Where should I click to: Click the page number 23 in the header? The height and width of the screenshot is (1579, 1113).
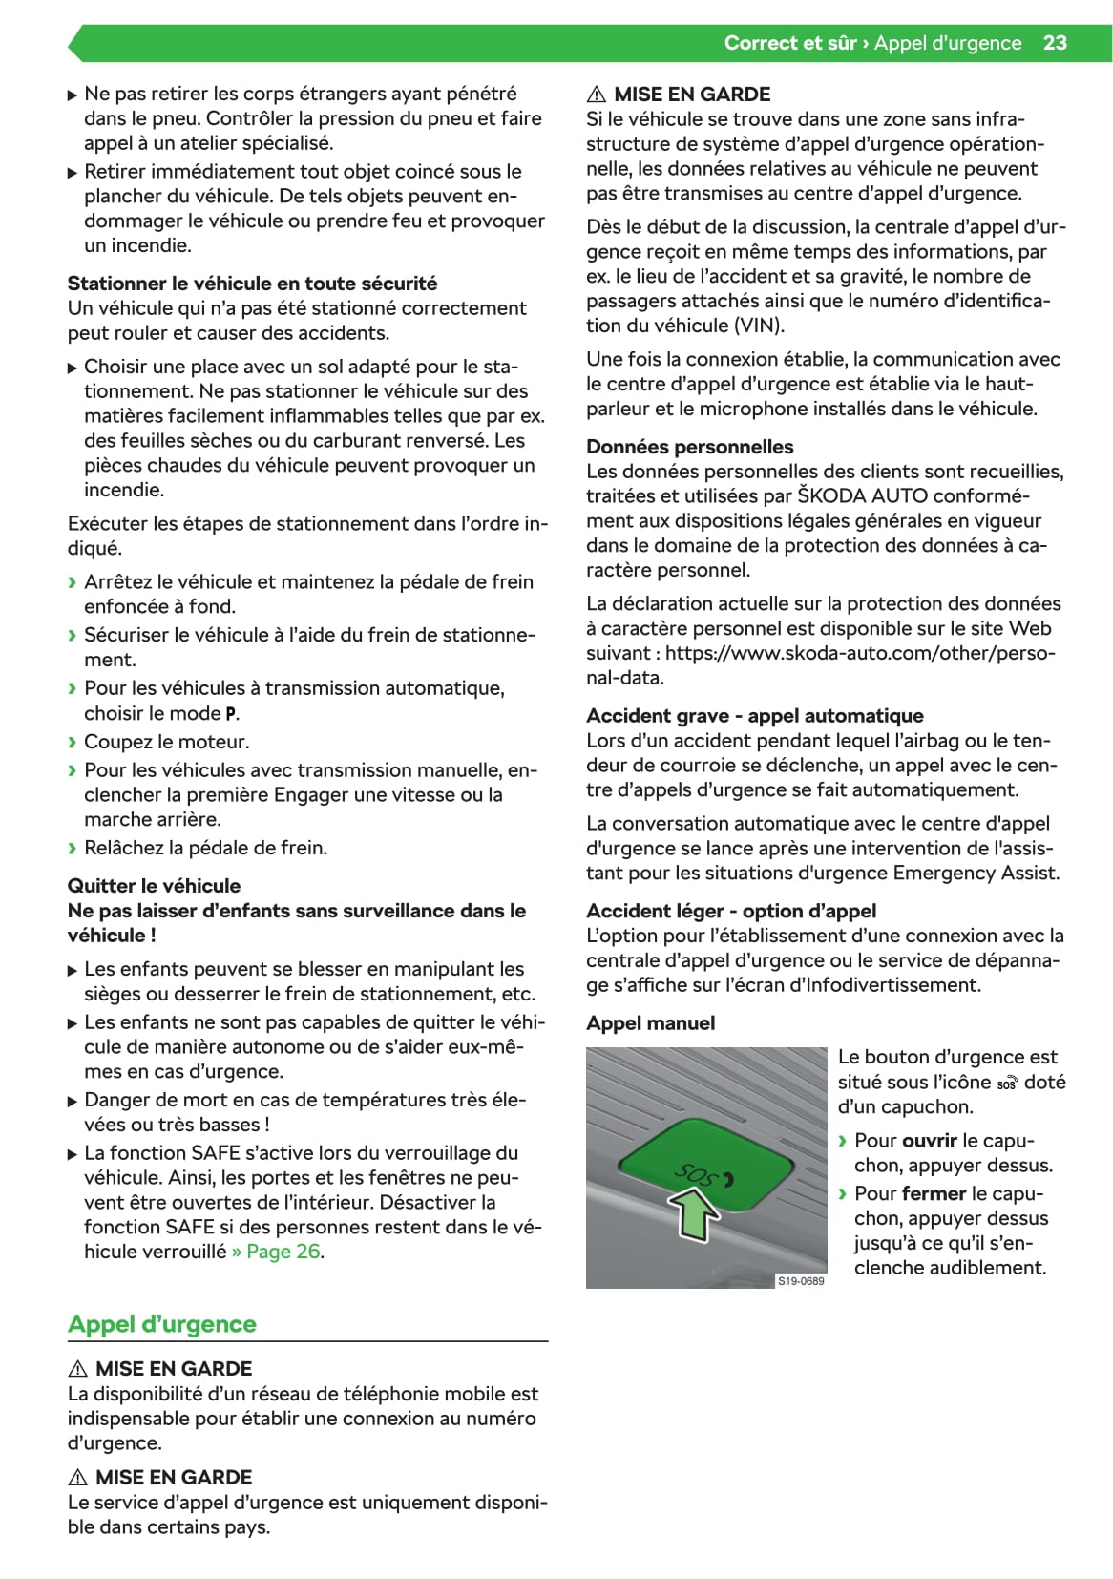click(1055, 43)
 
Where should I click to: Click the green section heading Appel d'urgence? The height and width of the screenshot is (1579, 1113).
click(162, 1324)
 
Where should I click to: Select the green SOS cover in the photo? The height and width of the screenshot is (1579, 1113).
click(706, 1166)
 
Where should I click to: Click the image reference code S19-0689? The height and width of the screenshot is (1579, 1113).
click(801, 1281)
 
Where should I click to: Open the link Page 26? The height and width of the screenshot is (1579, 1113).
click(283, 1252)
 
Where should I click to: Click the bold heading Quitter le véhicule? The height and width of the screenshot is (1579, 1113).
click(154, 886)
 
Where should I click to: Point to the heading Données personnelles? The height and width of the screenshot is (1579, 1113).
click(689, 447)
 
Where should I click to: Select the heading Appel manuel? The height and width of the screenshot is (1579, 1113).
click(650, 1023)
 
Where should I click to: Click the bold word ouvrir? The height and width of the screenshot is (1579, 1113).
click(930, 1141)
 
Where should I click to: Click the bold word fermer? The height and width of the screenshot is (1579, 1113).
click(934, 1194)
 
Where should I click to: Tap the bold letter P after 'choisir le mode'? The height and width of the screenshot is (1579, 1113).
click(231, 714)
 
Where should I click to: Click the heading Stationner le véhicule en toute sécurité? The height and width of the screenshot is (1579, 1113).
click(252, 284)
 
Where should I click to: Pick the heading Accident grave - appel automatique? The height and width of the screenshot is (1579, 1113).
click(754, 716)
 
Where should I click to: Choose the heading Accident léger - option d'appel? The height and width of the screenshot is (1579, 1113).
click(730, 911)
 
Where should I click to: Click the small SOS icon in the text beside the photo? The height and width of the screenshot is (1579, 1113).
click(1007, 1084)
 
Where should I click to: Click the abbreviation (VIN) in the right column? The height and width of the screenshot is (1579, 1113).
click(759, 326)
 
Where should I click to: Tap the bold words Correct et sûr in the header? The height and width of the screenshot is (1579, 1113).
click(789, 43)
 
